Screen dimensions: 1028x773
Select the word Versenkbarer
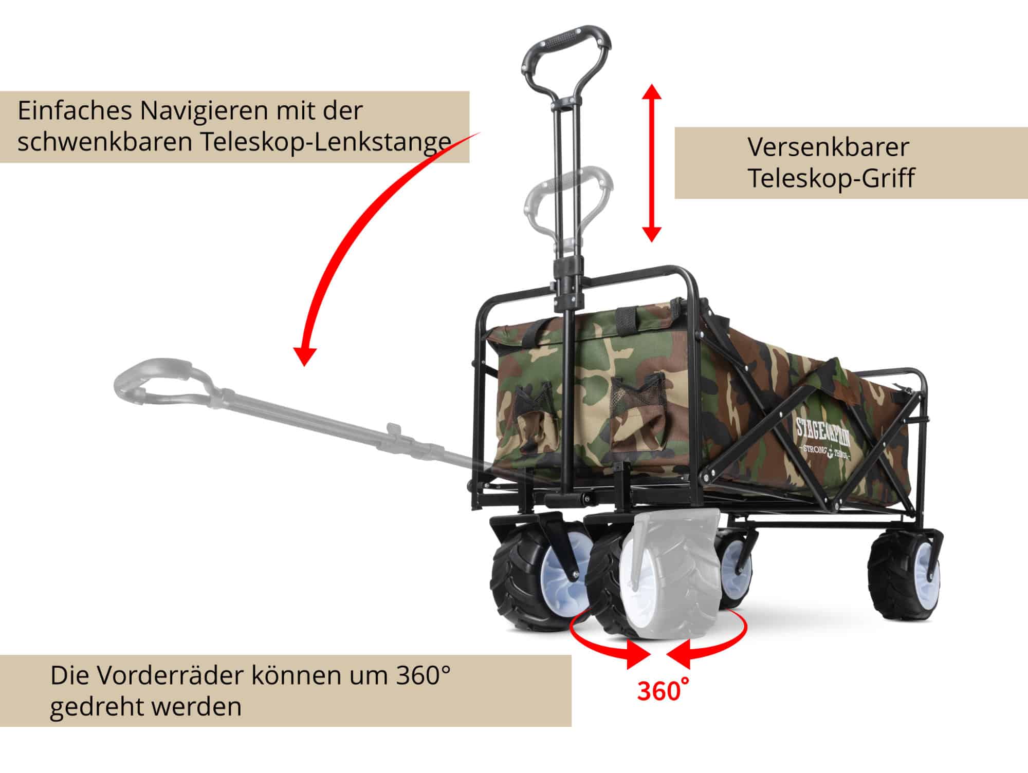[x=828, y=147]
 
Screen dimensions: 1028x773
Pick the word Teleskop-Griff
[x=831, y=178]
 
